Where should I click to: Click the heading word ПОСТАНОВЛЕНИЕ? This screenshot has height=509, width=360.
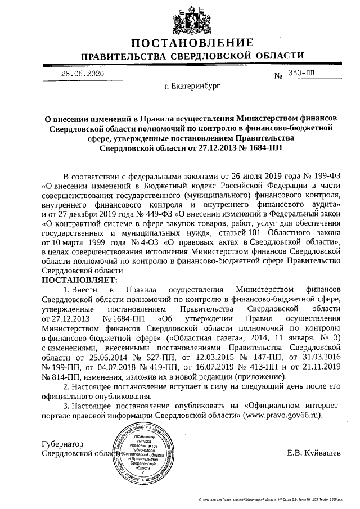point(192,44)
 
